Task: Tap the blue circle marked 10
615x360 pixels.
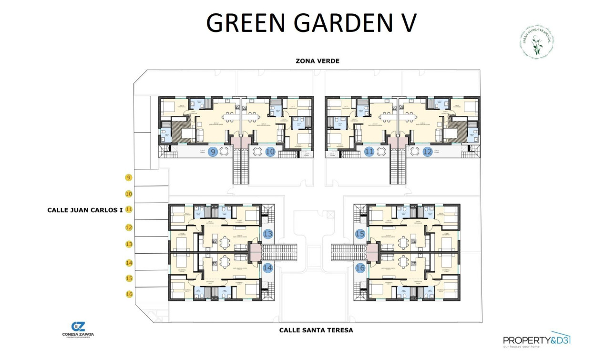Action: pos(270,152)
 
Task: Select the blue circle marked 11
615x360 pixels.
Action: pos(369,152)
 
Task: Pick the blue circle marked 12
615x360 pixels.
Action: pos(428,152)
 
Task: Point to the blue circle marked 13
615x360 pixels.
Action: pos(268,234)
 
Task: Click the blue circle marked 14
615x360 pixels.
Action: pos(268,268)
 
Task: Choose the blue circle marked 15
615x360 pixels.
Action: pos(360,234)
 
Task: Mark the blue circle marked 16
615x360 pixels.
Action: pos(360,268)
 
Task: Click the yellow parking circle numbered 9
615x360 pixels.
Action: pos(129,178)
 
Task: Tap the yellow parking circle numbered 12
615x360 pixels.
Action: pos(129,227)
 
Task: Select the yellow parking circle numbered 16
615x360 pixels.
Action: pos(129,294)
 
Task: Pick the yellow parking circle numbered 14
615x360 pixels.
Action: pos(129,262)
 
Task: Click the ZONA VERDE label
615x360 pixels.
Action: pos(317,61)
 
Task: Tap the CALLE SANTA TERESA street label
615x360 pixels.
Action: pos(316,330)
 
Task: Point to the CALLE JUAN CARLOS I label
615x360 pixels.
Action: pos(85,210)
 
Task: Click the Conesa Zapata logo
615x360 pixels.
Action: pos(78,329)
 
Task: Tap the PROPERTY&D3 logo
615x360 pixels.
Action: pos(537,340)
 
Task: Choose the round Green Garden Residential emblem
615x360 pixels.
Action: pos(537,42)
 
